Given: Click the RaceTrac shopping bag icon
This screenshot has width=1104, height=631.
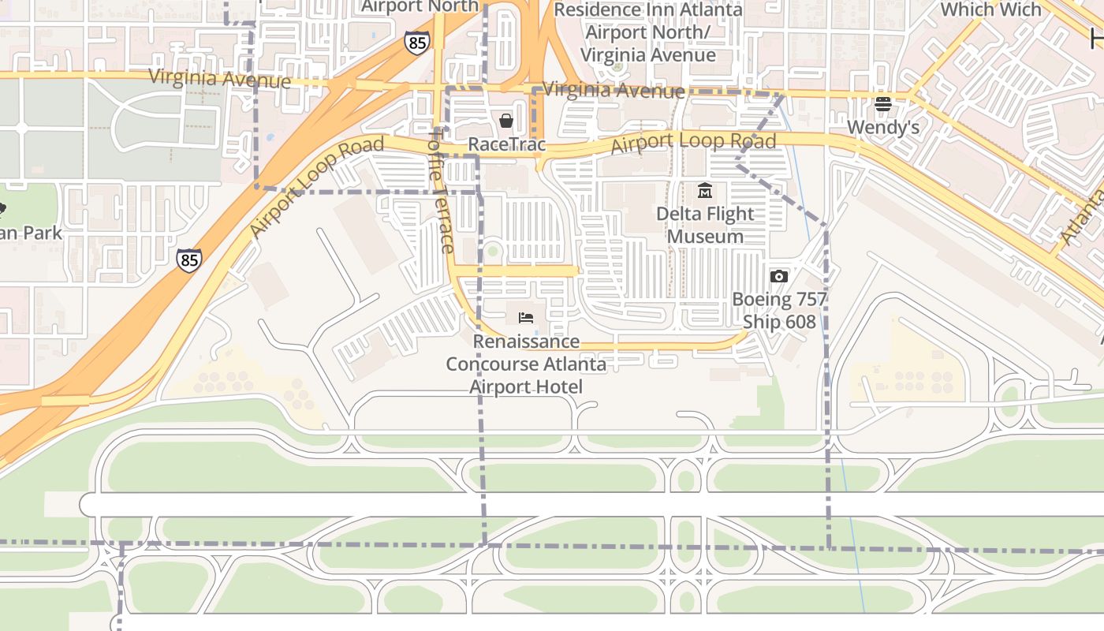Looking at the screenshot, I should pos(506,121).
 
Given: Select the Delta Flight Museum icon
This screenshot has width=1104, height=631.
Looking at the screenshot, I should pos(705,190).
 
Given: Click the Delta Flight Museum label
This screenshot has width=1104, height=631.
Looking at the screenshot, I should pos(705,225).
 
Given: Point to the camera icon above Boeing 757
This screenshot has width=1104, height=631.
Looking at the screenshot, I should pos(778,276).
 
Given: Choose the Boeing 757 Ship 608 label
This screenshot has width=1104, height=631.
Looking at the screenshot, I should pos(779,311).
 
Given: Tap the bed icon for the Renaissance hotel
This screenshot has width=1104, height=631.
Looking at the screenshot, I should pos(526,317).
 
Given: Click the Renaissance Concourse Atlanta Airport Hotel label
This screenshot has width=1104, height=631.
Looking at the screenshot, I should pos(526,364).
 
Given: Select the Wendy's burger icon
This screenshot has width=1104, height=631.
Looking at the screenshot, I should pos(882,104).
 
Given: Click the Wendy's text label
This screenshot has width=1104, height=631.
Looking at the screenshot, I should pos(882,127).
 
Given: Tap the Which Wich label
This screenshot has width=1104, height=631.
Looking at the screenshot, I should pos(990,9).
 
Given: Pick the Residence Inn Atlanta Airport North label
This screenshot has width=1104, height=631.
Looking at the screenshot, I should pos(647,32).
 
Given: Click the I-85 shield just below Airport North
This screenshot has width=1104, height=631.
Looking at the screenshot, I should pos(416,43).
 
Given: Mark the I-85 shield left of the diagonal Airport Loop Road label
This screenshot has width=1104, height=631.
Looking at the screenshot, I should pos(188,260).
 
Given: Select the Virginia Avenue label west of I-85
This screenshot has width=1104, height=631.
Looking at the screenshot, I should pos(219,79).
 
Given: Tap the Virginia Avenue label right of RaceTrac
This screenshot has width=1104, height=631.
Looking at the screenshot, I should pos(614,90).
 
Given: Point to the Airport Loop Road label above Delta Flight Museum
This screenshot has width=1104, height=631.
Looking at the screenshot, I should pos(693,143).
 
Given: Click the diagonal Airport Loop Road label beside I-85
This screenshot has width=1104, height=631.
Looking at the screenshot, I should pos(316,186).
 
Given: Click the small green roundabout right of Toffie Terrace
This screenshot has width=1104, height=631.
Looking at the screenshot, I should pos(493,252).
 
